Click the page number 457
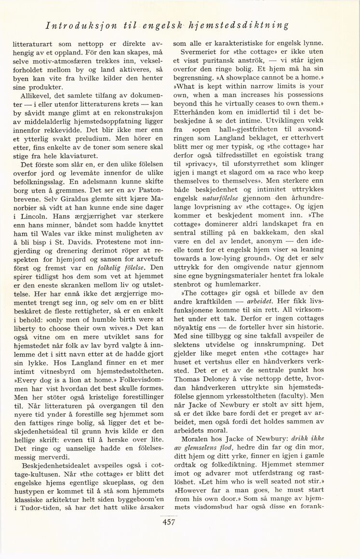point(169,522)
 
